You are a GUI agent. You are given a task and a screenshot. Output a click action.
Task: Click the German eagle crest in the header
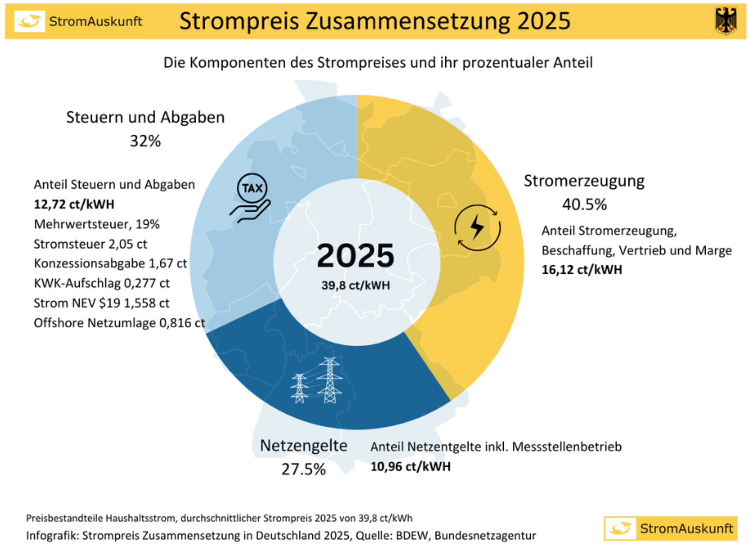pos(725,21)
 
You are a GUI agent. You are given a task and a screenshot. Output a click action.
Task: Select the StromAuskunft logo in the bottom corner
pos(670,528)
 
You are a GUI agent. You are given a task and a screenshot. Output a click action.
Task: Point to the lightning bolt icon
pos(477,228)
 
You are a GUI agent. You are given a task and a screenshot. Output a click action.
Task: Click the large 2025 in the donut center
pos(355,255)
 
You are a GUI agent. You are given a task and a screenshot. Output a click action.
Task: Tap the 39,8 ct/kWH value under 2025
pos(355,285)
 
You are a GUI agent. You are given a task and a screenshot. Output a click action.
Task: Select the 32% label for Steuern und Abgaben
pos(145,141)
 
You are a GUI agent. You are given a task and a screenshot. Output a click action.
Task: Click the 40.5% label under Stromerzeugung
pos(584,205)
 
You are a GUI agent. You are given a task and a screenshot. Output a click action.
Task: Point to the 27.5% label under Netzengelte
pos(303,469)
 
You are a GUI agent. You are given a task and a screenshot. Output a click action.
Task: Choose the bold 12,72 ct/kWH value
pos(74,204)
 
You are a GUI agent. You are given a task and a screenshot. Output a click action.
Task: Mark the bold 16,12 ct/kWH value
pos(582,270)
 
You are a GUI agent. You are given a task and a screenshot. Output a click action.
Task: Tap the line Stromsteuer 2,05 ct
pos(90,244)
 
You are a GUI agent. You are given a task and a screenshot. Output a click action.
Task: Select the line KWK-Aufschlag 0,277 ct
pos(101,283)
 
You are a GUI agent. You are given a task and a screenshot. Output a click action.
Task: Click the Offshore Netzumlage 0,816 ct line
pos(119,323)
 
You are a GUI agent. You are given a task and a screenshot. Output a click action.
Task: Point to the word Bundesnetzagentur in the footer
pos(485,536)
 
